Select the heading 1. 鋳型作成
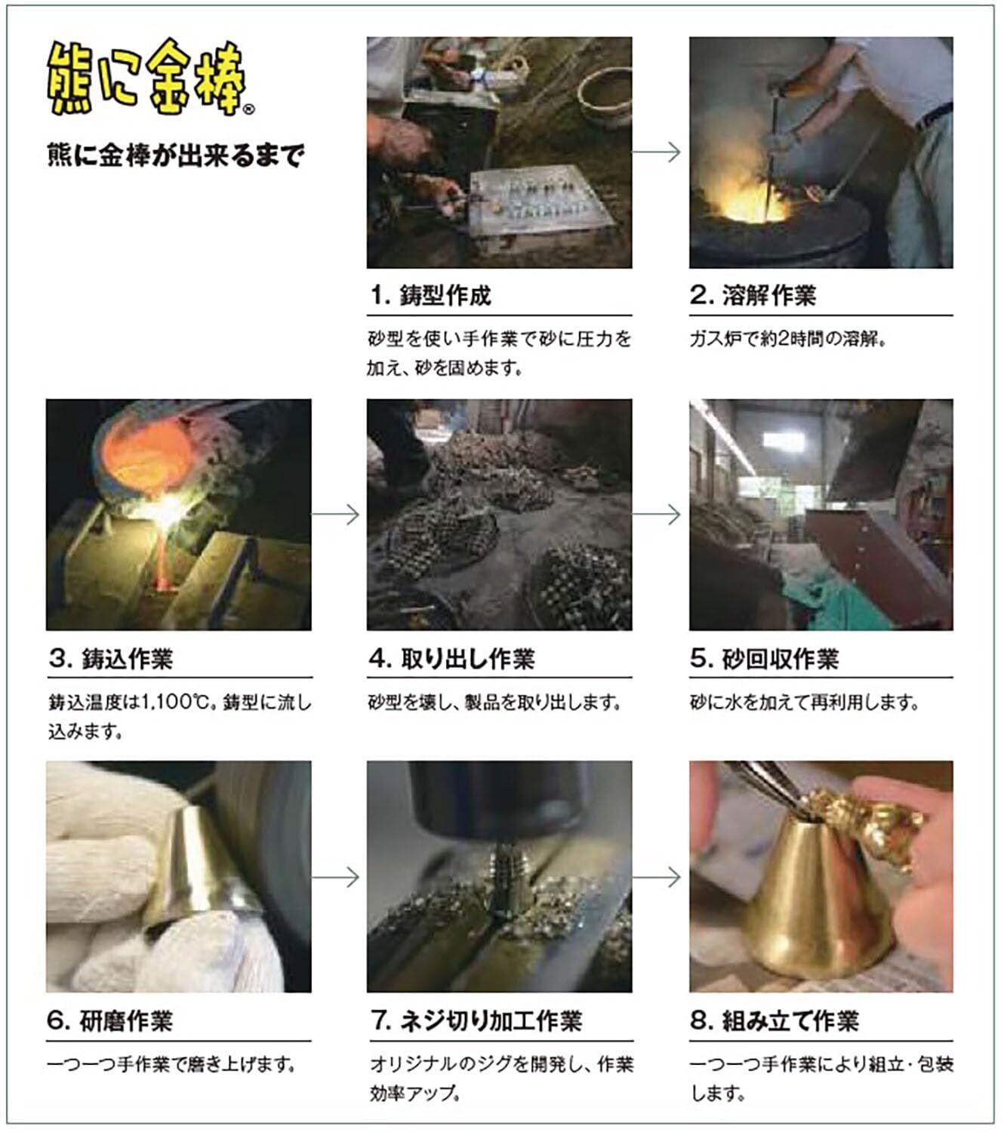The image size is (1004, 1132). [x=430, y=295]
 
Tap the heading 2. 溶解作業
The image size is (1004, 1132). [x=753, y=295]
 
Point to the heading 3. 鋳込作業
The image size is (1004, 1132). [x=111, y=658]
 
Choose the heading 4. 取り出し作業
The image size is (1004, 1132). [x=451, y=658]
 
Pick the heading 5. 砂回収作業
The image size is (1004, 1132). [x=764, y=658]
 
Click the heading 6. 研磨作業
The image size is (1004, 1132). [x=111, y=1020]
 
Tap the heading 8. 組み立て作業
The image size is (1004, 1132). [x=775, y=1020]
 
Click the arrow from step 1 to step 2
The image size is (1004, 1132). [x=656, y=152]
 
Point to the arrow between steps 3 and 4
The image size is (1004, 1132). [x=335, y=514]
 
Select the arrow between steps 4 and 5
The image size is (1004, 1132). [x=656, y=514]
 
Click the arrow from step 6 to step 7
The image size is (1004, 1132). [x=335, y=877]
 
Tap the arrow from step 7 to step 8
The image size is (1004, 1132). [x=656, y=877]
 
